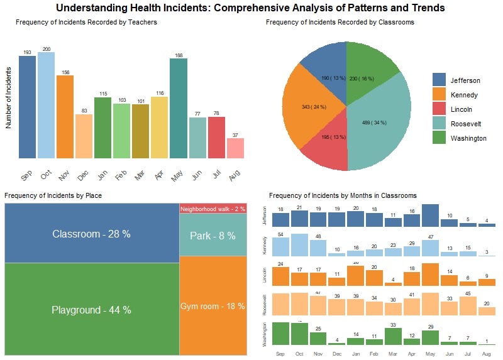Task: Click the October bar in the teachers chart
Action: pyautogui.click(x=46, y=105)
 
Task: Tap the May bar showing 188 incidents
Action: pyautogui.click(x=179, y=108)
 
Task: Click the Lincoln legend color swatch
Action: pyautogui.click(x=439, y=109)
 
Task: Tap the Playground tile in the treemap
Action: pyautogui.click(x=92, y=309)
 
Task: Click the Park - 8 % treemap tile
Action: pyautogui.click(x=213, y=236)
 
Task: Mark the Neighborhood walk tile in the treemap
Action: pyautogui.click(x=213, y=209)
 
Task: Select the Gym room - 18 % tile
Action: pyautogui.click(x=213, y=305)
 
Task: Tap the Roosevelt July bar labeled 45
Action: pyautogui.click(x=468, y=305)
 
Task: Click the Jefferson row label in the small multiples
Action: pyautogui.click(x=264, y=215)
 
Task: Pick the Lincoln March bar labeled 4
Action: pyautogui.click(x=393, y=284)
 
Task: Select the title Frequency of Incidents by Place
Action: pyautogui.click(x=53, y=195)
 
